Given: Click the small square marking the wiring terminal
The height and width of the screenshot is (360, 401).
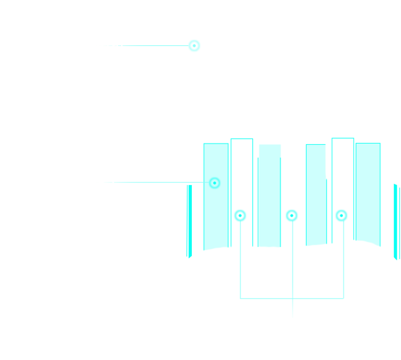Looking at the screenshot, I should (194, 45).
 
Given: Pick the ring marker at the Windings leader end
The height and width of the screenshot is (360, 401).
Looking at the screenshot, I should (215, 183).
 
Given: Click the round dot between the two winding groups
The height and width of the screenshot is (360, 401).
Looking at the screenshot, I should (291, 216).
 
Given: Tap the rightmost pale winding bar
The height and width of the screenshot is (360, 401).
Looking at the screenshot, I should (368, 198).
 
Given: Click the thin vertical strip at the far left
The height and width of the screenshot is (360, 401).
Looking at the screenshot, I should (189, 220).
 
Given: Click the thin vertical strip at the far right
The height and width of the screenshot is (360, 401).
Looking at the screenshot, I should (397, 220).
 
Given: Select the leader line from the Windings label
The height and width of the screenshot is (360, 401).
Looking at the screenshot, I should (150, 183).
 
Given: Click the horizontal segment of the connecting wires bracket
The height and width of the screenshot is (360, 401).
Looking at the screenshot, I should (292, 298).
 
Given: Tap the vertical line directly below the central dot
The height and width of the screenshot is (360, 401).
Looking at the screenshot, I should (293, 268).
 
